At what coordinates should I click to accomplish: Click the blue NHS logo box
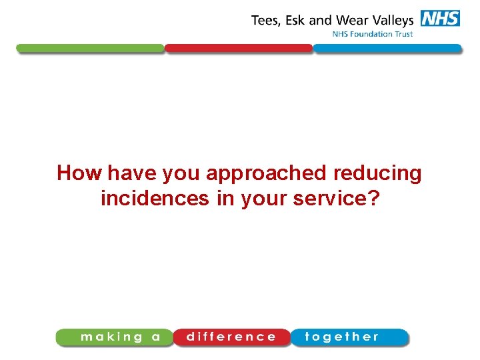tap(440, 19)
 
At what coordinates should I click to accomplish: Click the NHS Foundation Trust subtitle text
tap(373, 34)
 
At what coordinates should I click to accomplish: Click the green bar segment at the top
tap(90, 49)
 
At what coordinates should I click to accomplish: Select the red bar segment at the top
tap(239, 49)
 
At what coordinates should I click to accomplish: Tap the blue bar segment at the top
tap(387, 49)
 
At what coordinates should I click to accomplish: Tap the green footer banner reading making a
tap(115, 337)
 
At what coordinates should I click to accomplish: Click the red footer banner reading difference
tap(231, 337)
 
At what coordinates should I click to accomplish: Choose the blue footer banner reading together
tap(347, 337)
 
